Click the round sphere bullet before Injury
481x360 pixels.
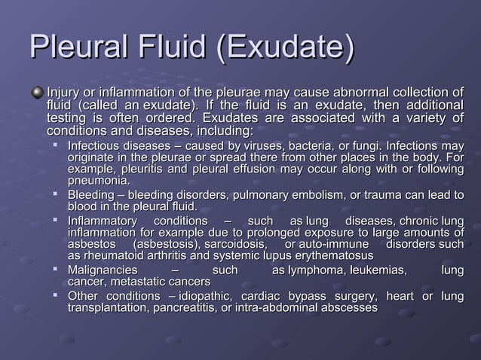click(x=37, y=92)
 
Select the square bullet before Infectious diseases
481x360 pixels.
click(x=57, y=145)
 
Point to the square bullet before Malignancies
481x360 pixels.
click(x=57, y=270)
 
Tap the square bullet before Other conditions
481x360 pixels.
click(x=57, y=294)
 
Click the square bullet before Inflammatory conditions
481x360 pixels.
click(x=57, y=220)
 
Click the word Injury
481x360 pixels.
click(x=63, y=92)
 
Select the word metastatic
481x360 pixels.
click(x=140, y=282)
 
